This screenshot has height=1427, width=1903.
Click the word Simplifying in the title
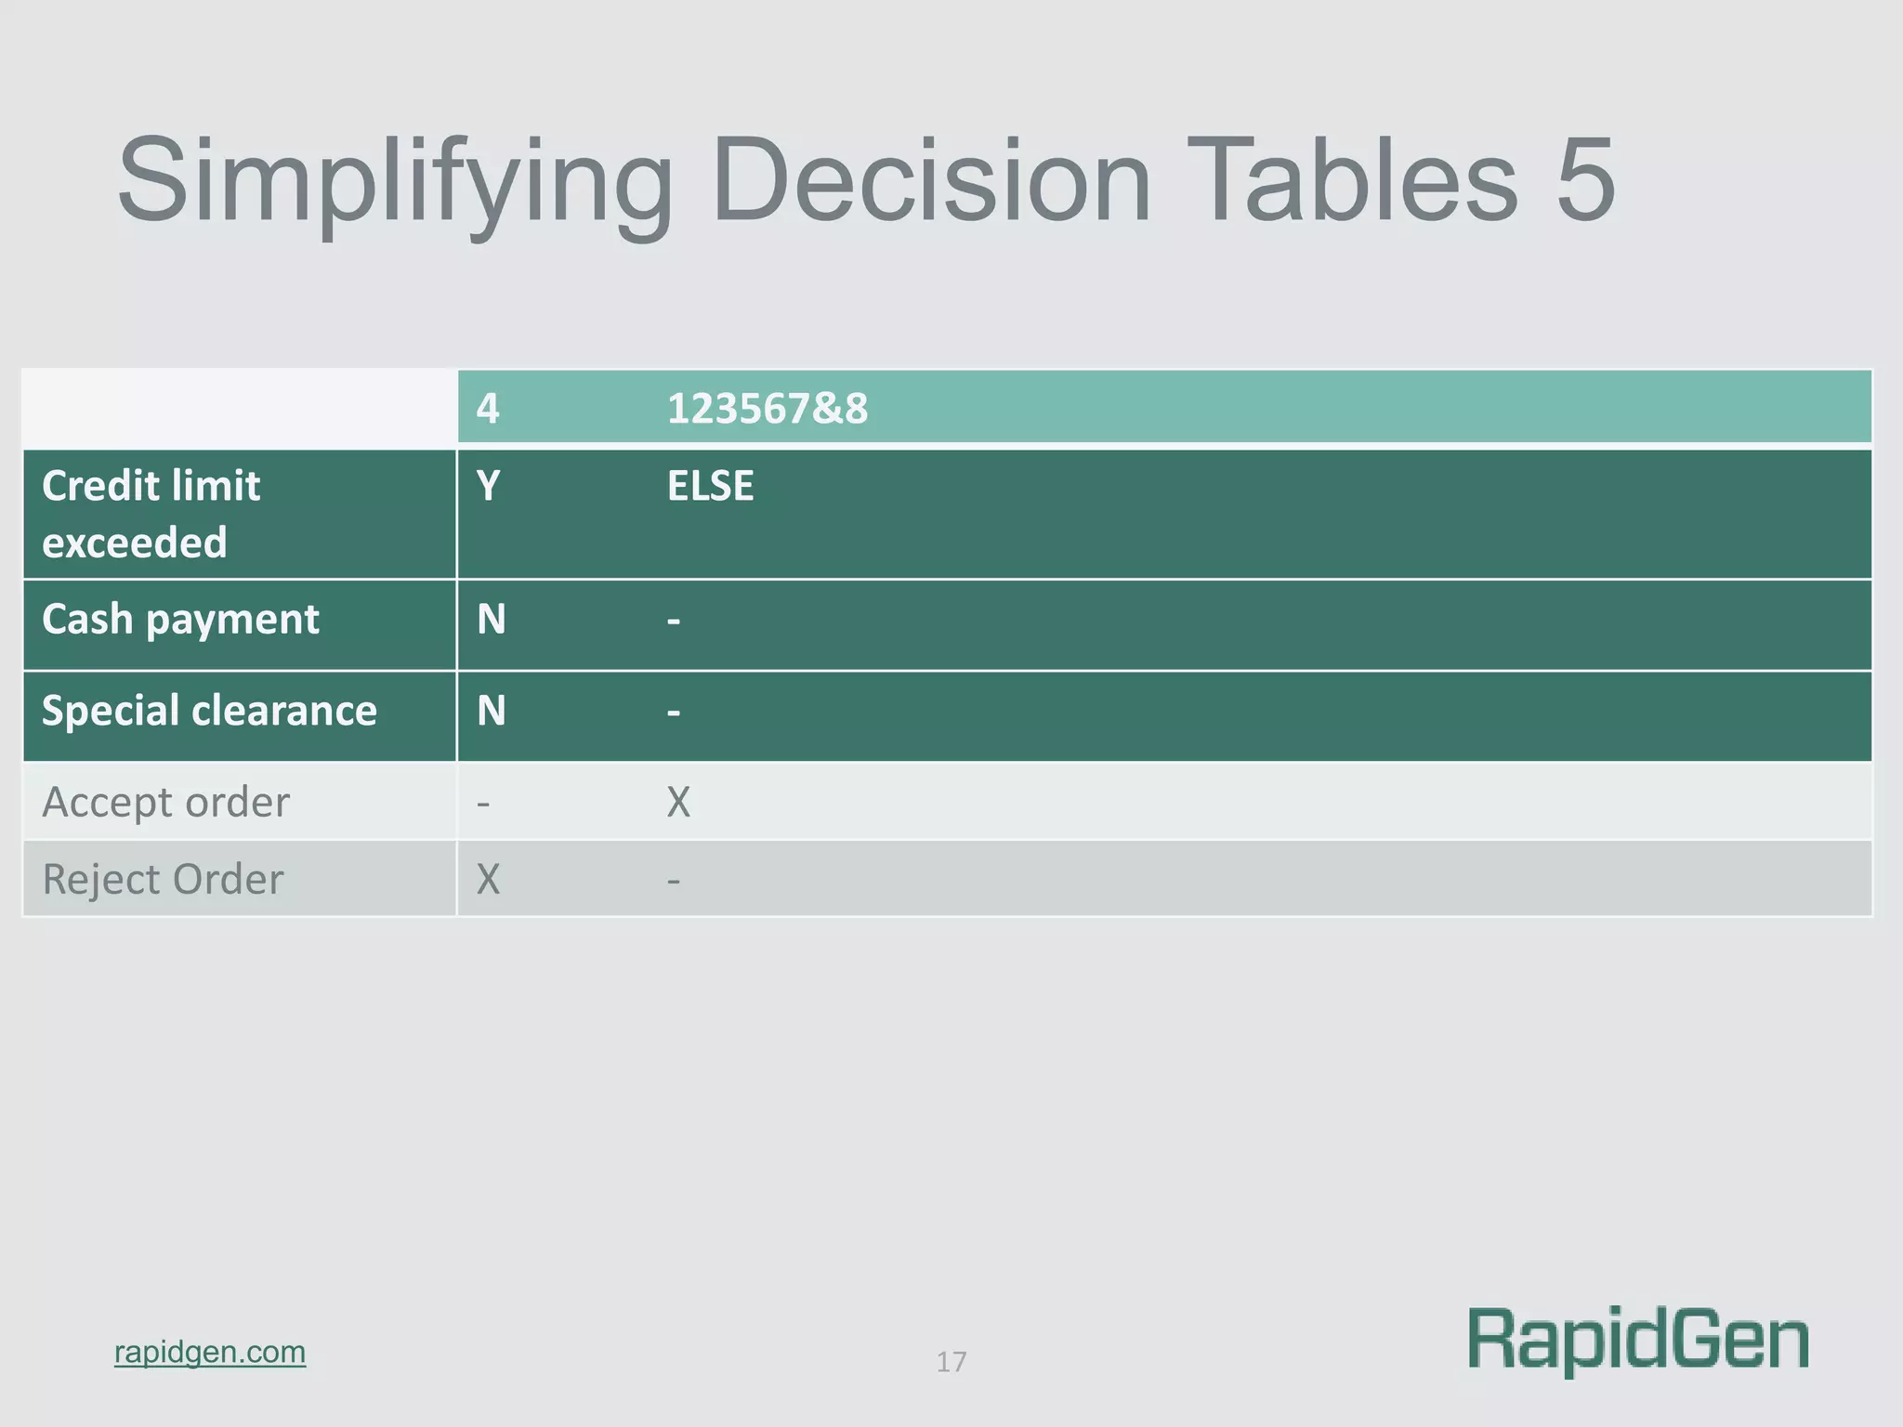tap(394, 181)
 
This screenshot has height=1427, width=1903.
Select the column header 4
tap(488, 409)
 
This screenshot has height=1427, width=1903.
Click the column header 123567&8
tap(768, 409)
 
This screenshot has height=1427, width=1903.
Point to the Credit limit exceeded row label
tap(151, 514)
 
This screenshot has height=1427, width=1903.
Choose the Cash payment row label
tap(180, 620)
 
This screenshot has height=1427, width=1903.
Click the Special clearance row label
tap(209, 711)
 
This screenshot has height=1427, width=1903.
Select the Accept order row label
tap(165, 802)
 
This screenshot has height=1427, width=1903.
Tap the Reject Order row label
tap(163, 879)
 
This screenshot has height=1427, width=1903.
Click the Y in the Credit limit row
tap(488, 486)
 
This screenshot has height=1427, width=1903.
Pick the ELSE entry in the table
tap(710, 486)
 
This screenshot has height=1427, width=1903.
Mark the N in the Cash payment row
tap(491, 620)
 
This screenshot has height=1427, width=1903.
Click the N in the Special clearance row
tap(491, 711)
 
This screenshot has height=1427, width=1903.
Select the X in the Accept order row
tap(678, 802)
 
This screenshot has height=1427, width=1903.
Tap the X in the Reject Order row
tap(488, 879)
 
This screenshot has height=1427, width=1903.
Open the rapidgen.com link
tap(210, 1352)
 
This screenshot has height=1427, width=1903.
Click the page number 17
tap(951, 1362)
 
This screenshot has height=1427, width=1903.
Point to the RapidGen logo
tap(1638, 1340)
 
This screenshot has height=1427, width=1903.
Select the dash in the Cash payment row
tap(674, 621)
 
